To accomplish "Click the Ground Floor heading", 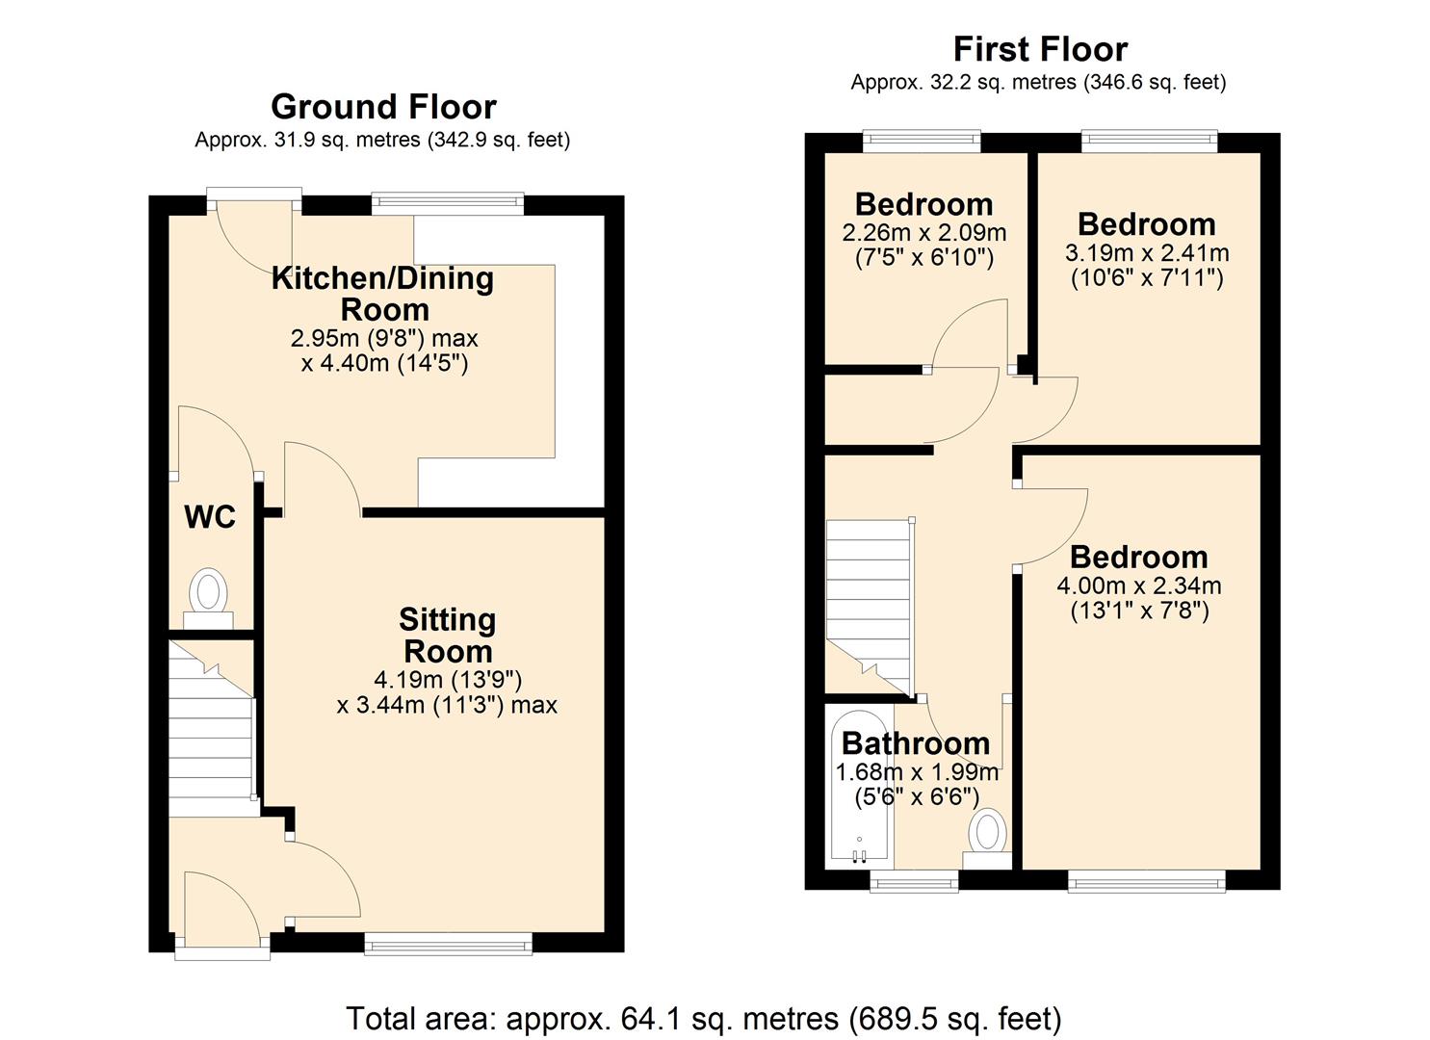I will click(383, 107).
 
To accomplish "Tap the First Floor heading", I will click(1039, 48).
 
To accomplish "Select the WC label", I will click(209, 517).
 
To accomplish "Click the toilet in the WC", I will click(208, 591).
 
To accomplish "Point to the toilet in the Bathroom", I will click(988, 832).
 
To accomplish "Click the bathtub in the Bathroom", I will click(860, 785).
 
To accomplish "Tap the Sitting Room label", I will click(448, 635).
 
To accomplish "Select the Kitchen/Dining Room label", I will click(383, 294).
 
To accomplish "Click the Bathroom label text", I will click(915, 743).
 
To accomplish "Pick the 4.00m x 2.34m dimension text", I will click(1139, 585).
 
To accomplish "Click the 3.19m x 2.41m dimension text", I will click(1147, 253).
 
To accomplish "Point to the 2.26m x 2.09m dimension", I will click(923, 232).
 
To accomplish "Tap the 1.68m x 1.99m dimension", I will click(916, 772).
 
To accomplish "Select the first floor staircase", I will click(868, 602).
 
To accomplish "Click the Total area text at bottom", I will click(703, 1018).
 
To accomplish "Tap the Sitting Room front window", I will click(448, 944).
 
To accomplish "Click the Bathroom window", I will click(914, 879).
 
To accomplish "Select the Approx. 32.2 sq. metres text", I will click(1037, 83).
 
